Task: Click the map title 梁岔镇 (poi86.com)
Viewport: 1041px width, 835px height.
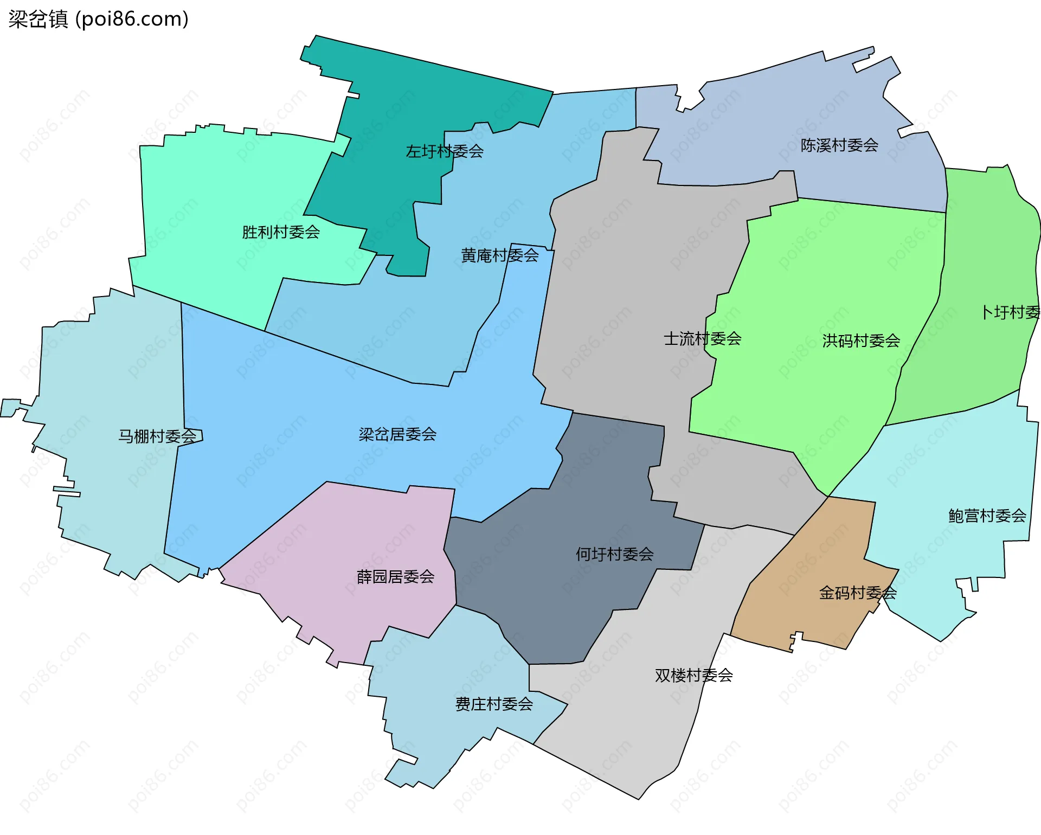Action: (x=98, y=20)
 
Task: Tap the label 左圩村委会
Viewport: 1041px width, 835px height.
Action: (x=445, y=151)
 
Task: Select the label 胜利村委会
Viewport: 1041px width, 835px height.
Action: (x=281, y=232)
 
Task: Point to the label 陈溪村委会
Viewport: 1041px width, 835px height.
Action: (x=839, y=145)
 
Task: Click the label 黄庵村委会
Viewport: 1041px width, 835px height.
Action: (x=499, y=255)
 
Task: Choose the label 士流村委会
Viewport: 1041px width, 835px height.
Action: (x=702, y=339)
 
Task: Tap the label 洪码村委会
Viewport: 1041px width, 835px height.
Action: (x=861, y=341)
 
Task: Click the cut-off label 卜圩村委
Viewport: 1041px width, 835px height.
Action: (x=1011, y=312)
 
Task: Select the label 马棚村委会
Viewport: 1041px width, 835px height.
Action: (x=157, y=436)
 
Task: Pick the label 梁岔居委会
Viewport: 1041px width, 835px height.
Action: (x=397, y=434)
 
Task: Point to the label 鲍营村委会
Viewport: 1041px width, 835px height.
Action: (x=987, y=516)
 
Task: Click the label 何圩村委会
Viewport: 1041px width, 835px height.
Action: (x=614, y=554)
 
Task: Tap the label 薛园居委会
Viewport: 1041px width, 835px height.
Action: (x=395, y=576)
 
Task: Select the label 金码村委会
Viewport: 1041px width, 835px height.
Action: (x=857, y=593)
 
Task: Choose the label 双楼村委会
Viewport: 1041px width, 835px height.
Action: (x=693, y=675)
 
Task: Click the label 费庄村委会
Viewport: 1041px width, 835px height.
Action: (x=494, y=704)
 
